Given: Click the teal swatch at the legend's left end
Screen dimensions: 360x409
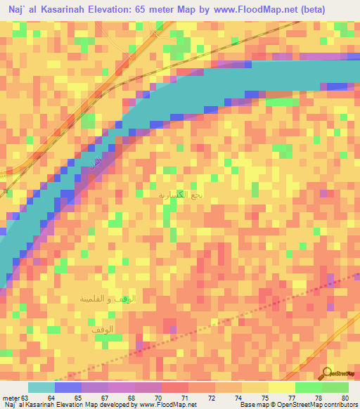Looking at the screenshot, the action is coord(41,387).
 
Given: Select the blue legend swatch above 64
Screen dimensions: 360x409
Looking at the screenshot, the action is coord(67,387).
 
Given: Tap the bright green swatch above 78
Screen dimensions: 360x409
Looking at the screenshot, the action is coord(308,387).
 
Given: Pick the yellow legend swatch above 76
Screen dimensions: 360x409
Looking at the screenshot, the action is coord(255,387).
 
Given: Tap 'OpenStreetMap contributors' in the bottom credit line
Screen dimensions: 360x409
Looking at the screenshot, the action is coord(314,405).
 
